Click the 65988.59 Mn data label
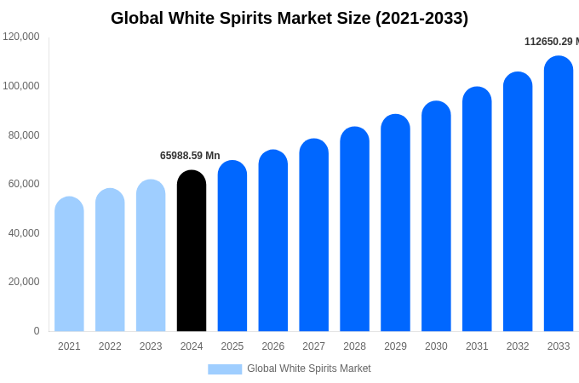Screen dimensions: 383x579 (x=190, y=156)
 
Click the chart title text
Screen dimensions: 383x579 (x=289, y=18)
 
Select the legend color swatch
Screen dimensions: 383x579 (x=225, y=369)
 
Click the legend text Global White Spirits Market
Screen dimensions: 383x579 (x=309, y=369)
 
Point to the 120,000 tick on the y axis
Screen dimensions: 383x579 (x=21, y=37)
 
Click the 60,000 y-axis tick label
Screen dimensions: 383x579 (x=24, y=184)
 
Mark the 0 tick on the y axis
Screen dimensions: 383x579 (x=37, y=331)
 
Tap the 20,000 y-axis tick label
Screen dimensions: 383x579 (x=24, y=282)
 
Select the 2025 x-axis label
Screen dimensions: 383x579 (x=232, y=346)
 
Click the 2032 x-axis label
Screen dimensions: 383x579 (x=518, y=346)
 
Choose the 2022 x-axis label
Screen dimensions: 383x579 (x=110, y=346)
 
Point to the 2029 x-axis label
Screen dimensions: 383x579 (x=395, y=346)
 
